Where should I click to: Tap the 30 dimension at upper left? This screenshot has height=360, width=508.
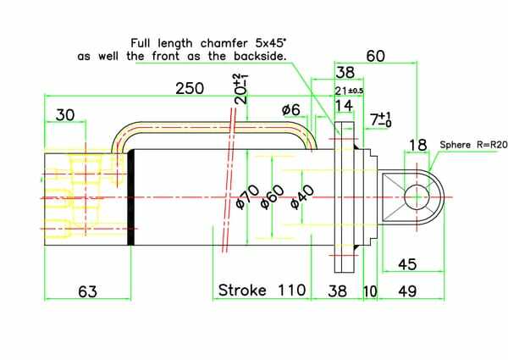coord(65,115)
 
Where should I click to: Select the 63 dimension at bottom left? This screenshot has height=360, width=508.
coord(87,291)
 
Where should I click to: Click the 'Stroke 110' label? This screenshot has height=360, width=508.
coord(262,290)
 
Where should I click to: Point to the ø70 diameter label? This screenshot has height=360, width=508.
coord(246,196)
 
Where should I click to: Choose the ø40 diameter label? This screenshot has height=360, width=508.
coord(301,196)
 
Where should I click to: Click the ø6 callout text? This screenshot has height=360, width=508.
coord(290,111)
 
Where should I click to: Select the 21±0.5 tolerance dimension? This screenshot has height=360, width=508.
coord(349,91)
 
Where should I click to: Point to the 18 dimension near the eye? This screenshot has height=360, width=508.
coord(418,145)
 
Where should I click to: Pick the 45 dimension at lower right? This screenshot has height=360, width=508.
coord(406,264)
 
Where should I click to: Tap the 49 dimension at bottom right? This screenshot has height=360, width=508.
coord(408,291)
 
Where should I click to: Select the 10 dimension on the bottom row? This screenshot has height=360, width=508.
coord(370,291)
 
